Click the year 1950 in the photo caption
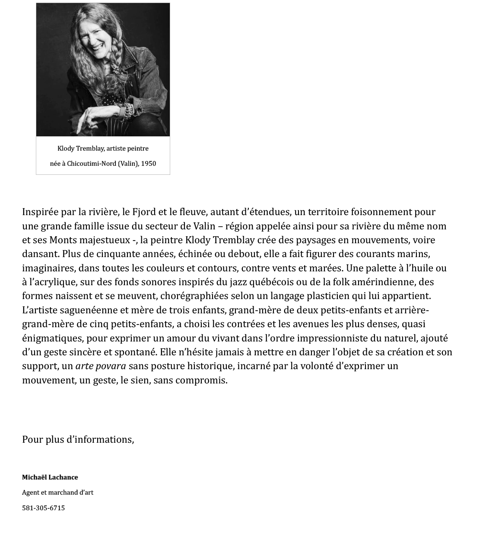pos(148,164)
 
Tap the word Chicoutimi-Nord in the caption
pos(91,164)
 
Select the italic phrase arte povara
pos(101,366)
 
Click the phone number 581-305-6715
pos(43,508)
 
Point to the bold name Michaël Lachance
pos(50,477)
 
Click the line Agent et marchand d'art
pos(57,492)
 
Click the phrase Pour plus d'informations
pos(78,440)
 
